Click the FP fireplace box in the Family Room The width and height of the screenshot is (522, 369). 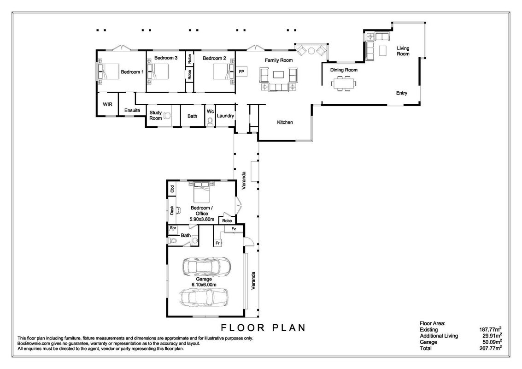(x=242, y=72)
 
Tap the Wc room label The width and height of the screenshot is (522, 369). (x=211, y=111)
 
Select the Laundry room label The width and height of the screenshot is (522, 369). (x=225, y=116)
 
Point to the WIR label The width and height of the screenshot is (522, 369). (x=107, y=104)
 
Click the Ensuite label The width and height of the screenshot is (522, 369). (x=132, y=110)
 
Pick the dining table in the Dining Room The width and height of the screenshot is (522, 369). (x=343, y=83)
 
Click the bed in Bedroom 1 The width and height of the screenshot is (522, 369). (x=110, y=71)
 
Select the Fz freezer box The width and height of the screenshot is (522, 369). (x=234, y=229)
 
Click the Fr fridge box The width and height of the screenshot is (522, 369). (x=218, y=243)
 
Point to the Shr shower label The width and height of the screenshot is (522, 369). (x=173, y=228)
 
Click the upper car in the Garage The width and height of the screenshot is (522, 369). (x=207, y=266)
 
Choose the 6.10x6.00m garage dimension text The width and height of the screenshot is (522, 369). (x=204, y=285)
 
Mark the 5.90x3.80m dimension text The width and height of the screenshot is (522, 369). (x=202, y=220)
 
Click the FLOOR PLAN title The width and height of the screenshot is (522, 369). (x=264, y=327)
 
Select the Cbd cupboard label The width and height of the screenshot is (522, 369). (x=172, y=189)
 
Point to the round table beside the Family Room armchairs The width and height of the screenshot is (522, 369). (x=311, y=51)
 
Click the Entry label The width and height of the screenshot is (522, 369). (x=401, y=93)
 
